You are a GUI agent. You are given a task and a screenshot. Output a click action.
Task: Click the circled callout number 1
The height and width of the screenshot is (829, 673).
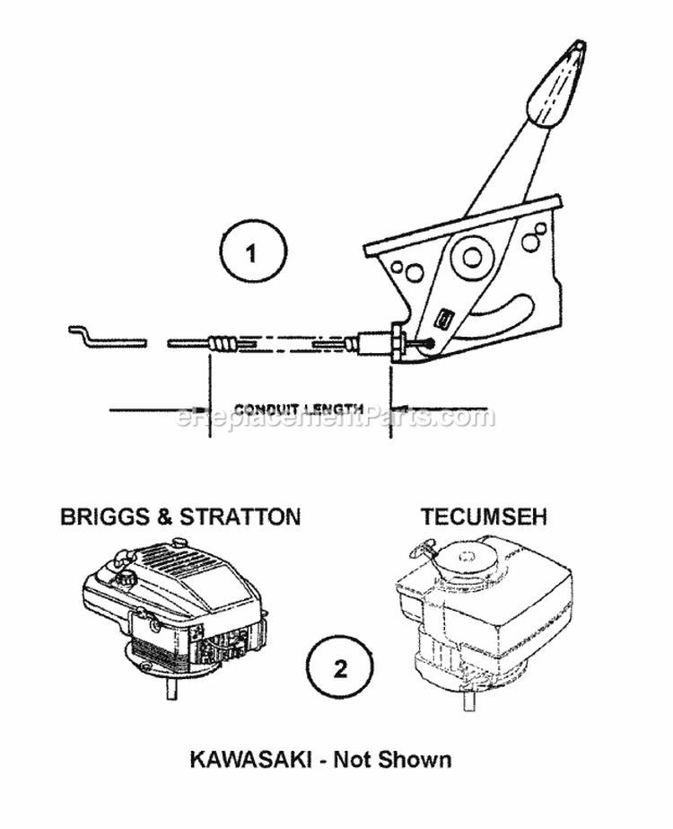click(x=252, y=251)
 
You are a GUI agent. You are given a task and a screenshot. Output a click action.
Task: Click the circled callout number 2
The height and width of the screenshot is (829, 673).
click(x=340, y=668)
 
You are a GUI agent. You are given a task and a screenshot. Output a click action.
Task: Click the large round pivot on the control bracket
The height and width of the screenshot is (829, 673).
click(x=472, y=258)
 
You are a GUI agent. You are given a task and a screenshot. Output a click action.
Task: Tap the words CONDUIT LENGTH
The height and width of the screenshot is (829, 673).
click(x=299, y=409)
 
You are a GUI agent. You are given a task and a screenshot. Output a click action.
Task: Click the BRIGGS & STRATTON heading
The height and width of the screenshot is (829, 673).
click(x=180, y=516)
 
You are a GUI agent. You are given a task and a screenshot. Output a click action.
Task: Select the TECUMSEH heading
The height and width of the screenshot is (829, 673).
click(x=484, y=516)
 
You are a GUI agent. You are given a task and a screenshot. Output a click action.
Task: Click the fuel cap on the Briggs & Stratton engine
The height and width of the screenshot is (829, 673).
click(x=127, y=578)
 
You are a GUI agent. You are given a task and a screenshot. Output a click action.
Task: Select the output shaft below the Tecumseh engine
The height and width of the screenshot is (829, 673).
click(x=469, y=701)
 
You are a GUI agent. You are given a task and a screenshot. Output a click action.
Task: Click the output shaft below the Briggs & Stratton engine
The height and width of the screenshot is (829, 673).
click(x=170, y=689)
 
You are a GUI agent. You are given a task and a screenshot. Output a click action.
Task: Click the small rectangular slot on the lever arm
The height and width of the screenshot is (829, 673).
click(x=442, y=319)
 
